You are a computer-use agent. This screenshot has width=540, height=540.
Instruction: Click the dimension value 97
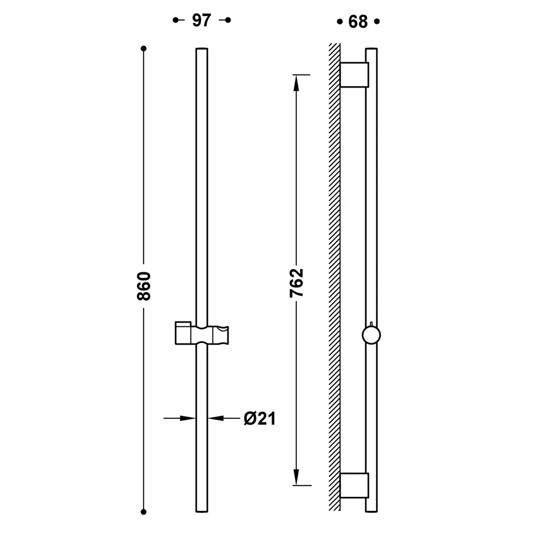[x=201, y=21]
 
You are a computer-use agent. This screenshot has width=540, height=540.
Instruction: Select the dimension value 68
[x=358, y=22]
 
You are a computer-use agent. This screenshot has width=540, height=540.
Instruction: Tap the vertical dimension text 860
[x=144, y=286]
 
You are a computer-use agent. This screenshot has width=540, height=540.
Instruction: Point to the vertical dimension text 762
[x=296, y=283]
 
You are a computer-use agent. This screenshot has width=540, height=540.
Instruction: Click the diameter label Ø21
[x=259, y=419]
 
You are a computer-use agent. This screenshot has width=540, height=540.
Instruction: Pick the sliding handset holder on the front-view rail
[x=202, y=333]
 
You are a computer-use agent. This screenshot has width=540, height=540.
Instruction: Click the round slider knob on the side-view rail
[x=371, y=335]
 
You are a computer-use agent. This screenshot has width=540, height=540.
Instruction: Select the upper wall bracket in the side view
[x=354, y=75]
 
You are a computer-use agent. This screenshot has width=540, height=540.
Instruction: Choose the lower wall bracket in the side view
[x=354, y=486]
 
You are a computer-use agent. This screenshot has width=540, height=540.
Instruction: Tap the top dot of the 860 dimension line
[x=143, y=49]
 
